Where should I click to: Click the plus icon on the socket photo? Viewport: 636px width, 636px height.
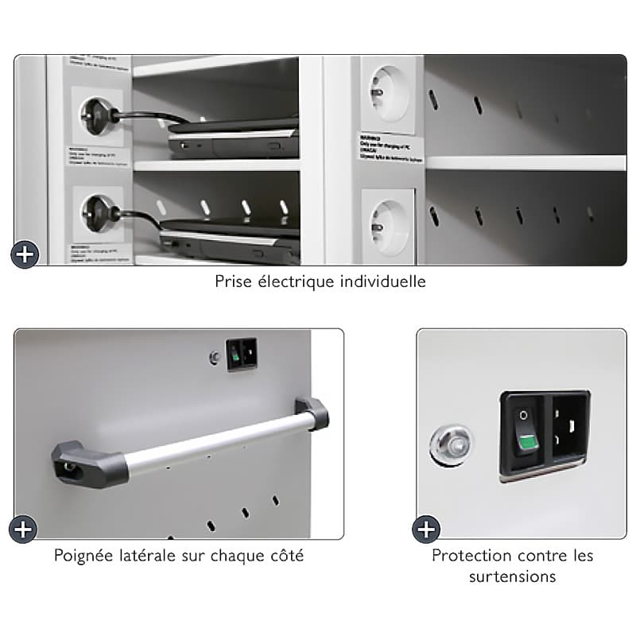click(25, 254)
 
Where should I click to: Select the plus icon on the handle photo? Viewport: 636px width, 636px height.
click(23, 529)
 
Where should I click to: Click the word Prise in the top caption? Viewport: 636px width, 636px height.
click(234, 281)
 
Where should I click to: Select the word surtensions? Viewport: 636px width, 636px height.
click(512, 576)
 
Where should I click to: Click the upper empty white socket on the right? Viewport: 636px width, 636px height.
click(389, 94)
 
